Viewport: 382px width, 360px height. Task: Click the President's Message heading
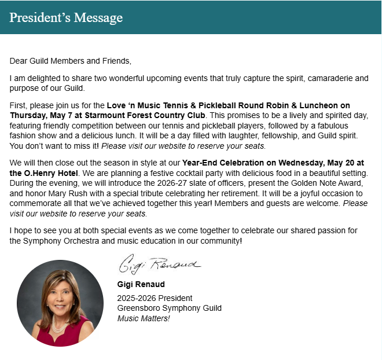pos(65,17)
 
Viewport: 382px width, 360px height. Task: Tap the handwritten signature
pos(159,266)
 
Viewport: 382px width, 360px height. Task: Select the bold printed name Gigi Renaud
pos(141,284)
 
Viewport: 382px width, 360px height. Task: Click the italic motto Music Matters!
pos(144,318)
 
